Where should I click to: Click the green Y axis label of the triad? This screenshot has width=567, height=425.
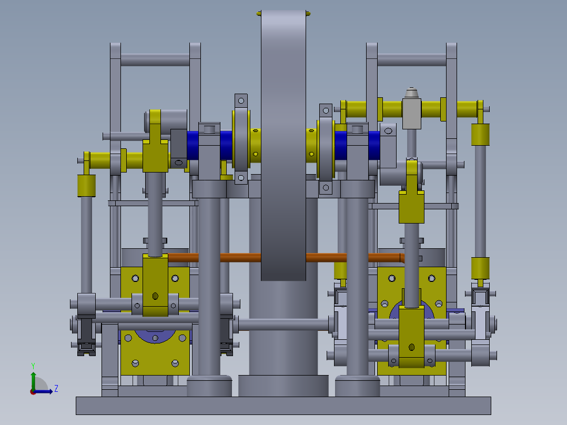(x=33, y=365)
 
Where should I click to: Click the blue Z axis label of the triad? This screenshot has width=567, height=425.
(x=56, y=389)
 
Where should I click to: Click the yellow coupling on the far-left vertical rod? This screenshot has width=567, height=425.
(x=86, y=185)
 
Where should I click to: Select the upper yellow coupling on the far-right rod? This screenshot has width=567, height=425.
(x=480, y=135)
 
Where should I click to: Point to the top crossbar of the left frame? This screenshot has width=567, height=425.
(x=155, y=59)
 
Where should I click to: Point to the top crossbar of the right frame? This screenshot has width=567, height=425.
(x=411, y=59)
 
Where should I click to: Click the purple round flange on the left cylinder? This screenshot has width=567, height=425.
(x=155, y=337)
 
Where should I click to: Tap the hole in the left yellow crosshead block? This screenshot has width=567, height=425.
(x=155, y=296)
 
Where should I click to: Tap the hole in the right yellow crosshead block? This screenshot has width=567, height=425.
(x=412, y=347)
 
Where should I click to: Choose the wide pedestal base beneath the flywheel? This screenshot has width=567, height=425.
(x=283, y=386)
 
